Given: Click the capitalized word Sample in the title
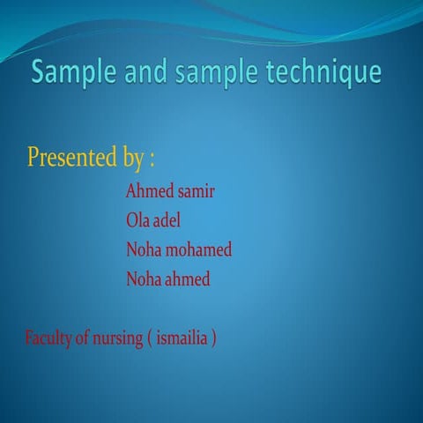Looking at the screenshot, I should (x=71, y=73).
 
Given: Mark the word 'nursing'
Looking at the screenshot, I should (x=115, y=339).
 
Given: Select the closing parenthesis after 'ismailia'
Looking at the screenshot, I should (x=214, y=339).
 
